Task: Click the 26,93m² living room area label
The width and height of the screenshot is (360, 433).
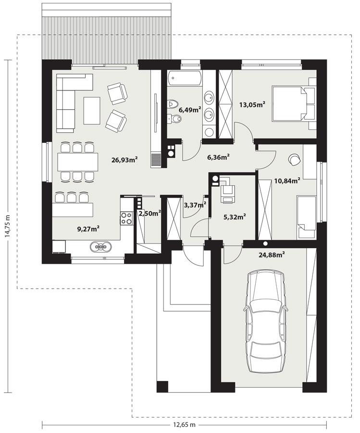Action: tap(124, 159)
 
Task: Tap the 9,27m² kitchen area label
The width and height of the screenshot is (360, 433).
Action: tap(88, 229)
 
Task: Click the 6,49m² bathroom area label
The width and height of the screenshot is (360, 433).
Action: tap(189, 110)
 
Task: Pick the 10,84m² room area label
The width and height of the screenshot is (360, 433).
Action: tap(287, 181)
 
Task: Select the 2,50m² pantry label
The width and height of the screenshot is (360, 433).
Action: tap(149, 213)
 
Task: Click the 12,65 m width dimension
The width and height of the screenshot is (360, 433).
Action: tap(185, 425)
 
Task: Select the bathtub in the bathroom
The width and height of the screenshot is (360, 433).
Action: tap(184, 78)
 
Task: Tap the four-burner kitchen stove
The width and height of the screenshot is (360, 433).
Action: tap(126, 218)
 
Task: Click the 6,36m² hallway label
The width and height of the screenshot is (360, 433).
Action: tap(218, 156)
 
